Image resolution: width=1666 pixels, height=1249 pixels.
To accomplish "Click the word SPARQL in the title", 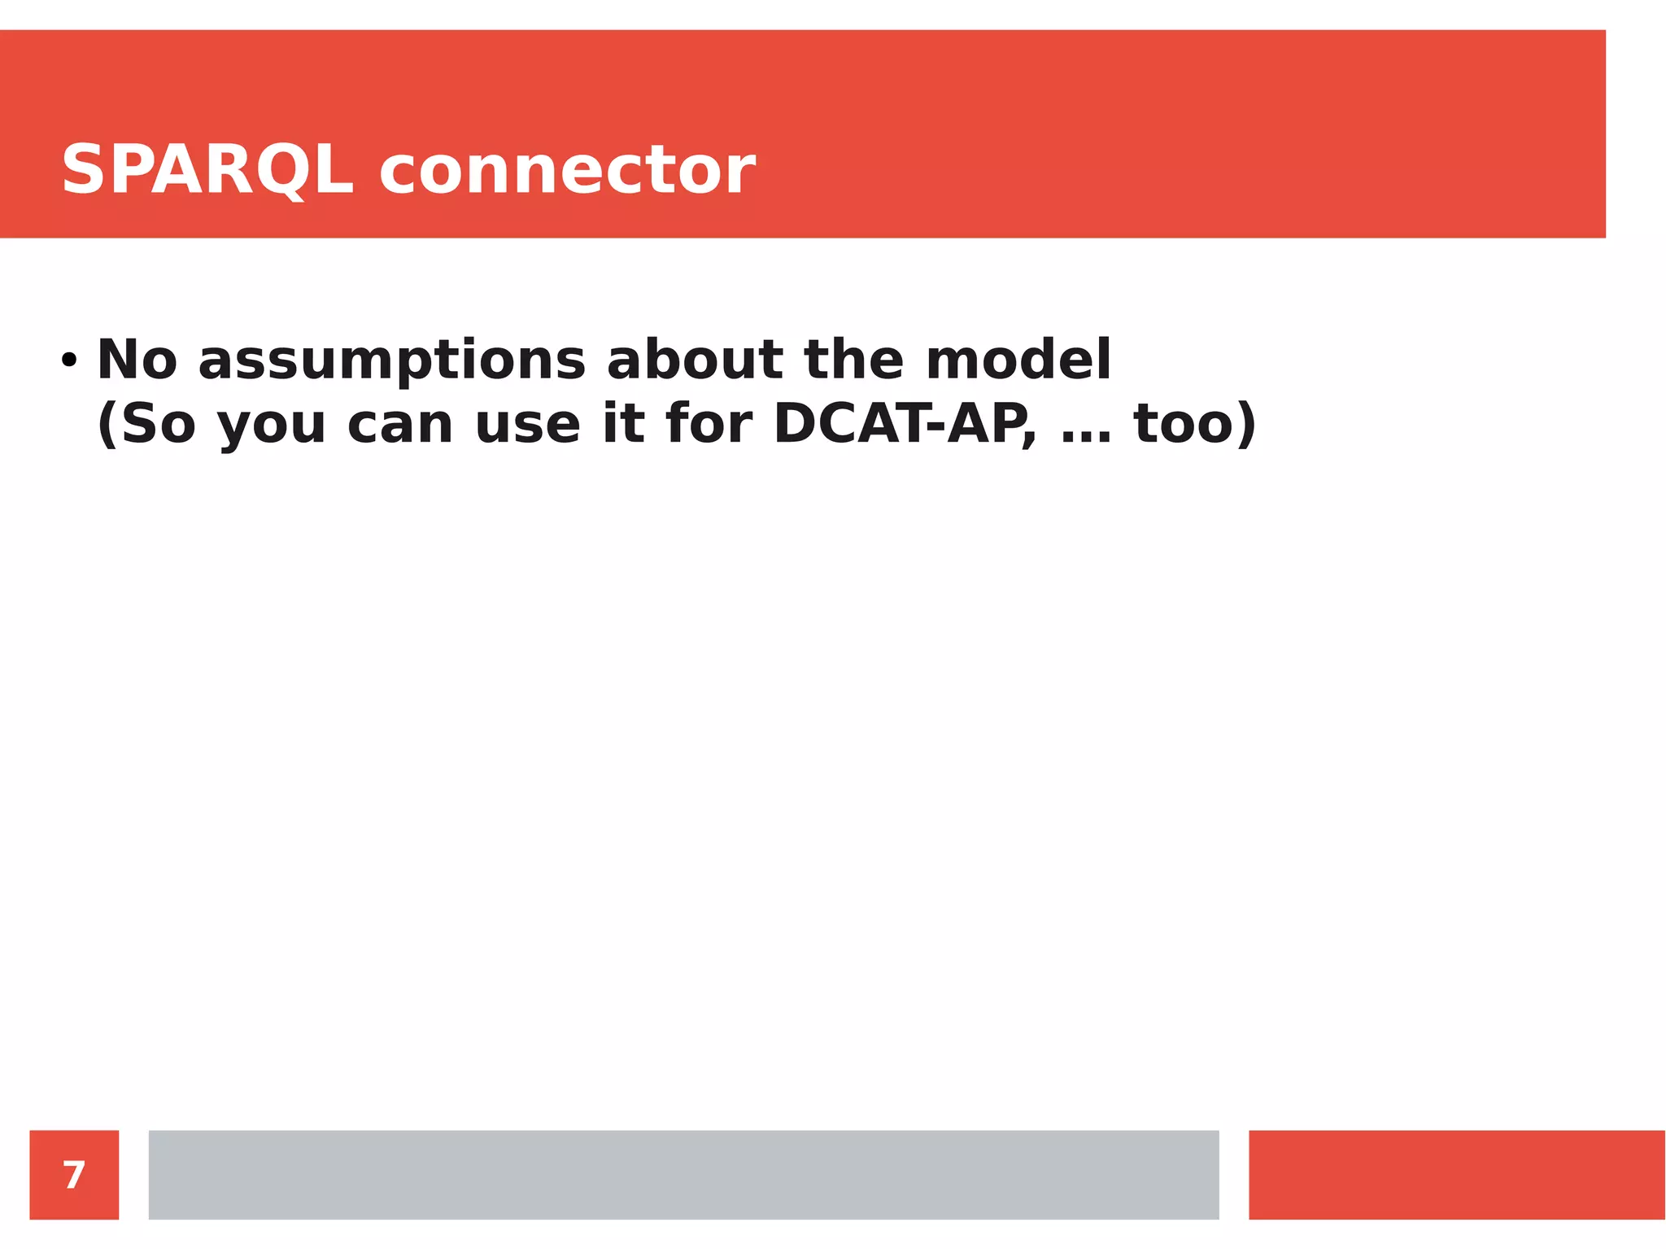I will point(207,170).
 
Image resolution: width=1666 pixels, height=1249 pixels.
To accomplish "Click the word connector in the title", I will point(567,170).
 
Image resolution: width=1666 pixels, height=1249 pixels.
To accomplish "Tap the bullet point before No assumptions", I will point(69,360).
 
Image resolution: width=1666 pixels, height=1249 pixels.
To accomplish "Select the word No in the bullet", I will point(137,360).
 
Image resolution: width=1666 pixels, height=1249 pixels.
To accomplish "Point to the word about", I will point(695,360).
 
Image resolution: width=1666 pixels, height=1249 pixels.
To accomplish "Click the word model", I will point(1018,360).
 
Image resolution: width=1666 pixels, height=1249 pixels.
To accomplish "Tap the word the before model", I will point(853,360).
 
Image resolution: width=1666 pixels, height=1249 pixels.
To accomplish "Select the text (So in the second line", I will point(146,424).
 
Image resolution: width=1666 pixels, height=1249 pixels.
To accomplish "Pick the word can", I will point(399,426).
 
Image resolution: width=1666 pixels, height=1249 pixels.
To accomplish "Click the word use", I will point(527,426).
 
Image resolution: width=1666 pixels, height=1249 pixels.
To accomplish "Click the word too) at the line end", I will point(1195,424).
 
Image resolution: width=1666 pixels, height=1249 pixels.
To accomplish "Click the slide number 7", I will point(74,1175).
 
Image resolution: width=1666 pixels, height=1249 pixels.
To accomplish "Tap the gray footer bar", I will point(683,1175).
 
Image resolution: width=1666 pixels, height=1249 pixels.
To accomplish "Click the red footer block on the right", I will point(1456,1175).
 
